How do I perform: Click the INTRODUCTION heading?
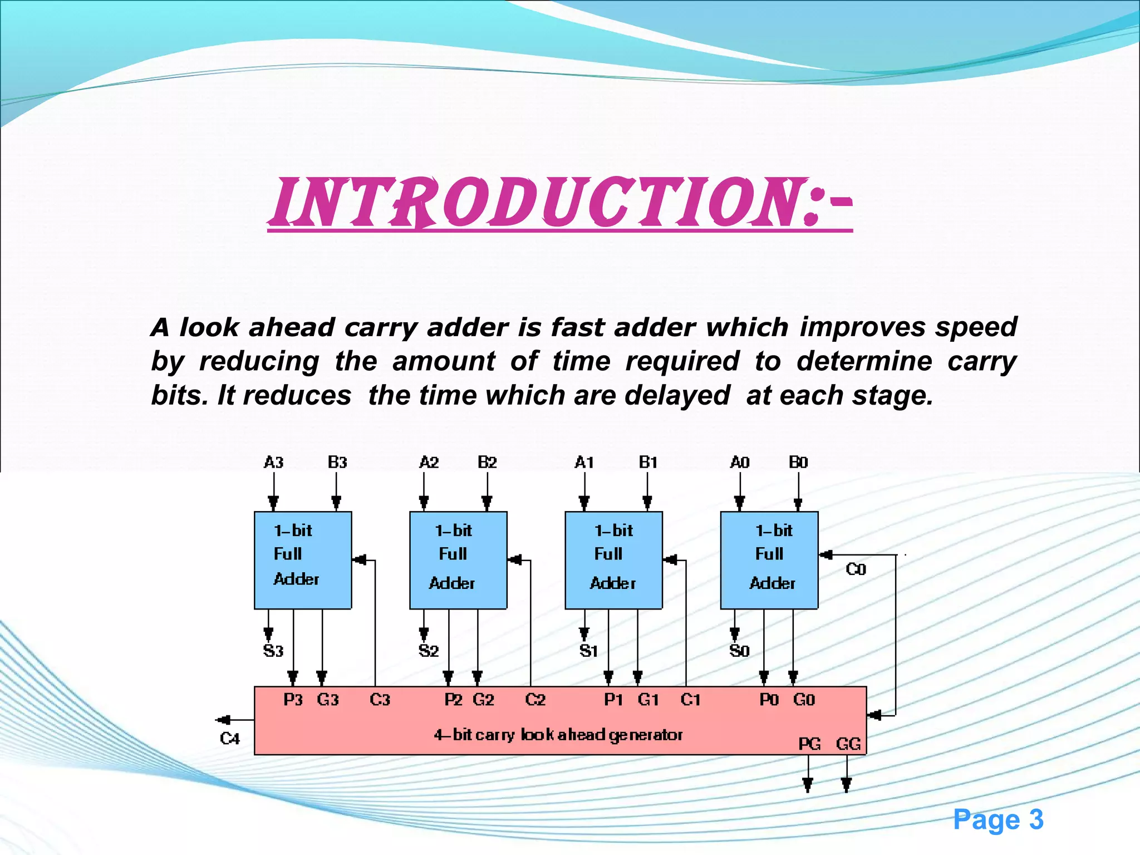[559, 203]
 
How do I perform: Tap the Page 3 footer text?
[997, 820]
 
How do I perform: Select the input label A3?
[273, 463]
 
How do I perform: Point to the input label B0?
[798, 463]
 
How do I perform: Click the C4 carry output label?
[229, 739]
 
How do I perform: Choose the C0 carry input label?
[856, 569]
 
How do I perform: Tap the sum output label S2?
[429, 651]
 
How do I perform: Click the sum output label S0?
[739, 651]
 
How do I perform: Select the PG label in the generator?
[809, 744]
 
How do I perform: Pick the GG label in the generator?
[848, 744]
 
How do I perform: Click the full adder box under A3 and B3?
[303, 560]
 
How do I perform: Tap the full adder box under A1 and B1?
[613, 560]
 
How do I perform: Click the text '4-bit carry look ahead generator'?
[558, 735]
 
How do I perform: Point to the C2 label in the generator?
[535, 700]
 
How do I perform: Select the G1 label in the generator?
[648, 700]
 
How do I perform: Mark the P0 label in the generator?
[769, 700]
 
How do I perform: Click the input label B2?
[487, 463]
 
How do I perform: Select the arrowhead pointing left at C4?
[223, 720]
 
